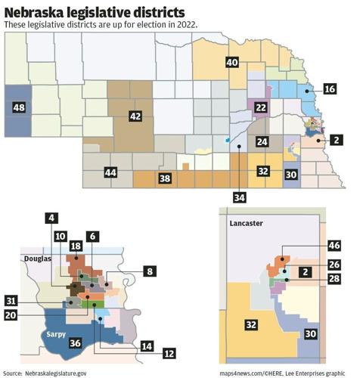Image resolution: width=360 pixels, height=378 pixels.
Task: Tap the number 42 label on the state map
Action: click(x=135, y=116)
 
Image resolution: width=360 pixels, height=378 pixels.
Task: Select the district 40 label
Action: click(x=232, y=62)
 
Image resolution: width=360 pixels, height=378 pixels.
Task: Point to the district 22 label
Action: click(x=260, y=109)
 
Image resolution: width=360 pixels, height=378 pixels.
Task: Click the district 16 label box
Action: click(x=330, y=88)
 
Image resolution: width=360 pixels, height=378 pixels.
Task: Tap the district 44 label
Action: click(x=111, y=173)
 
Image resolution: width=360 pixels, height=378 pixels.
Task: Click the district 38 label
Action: click(x=165, y=179)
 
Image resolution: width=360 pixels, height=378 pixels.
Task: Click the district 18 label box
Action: click(x=76, y=247)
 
